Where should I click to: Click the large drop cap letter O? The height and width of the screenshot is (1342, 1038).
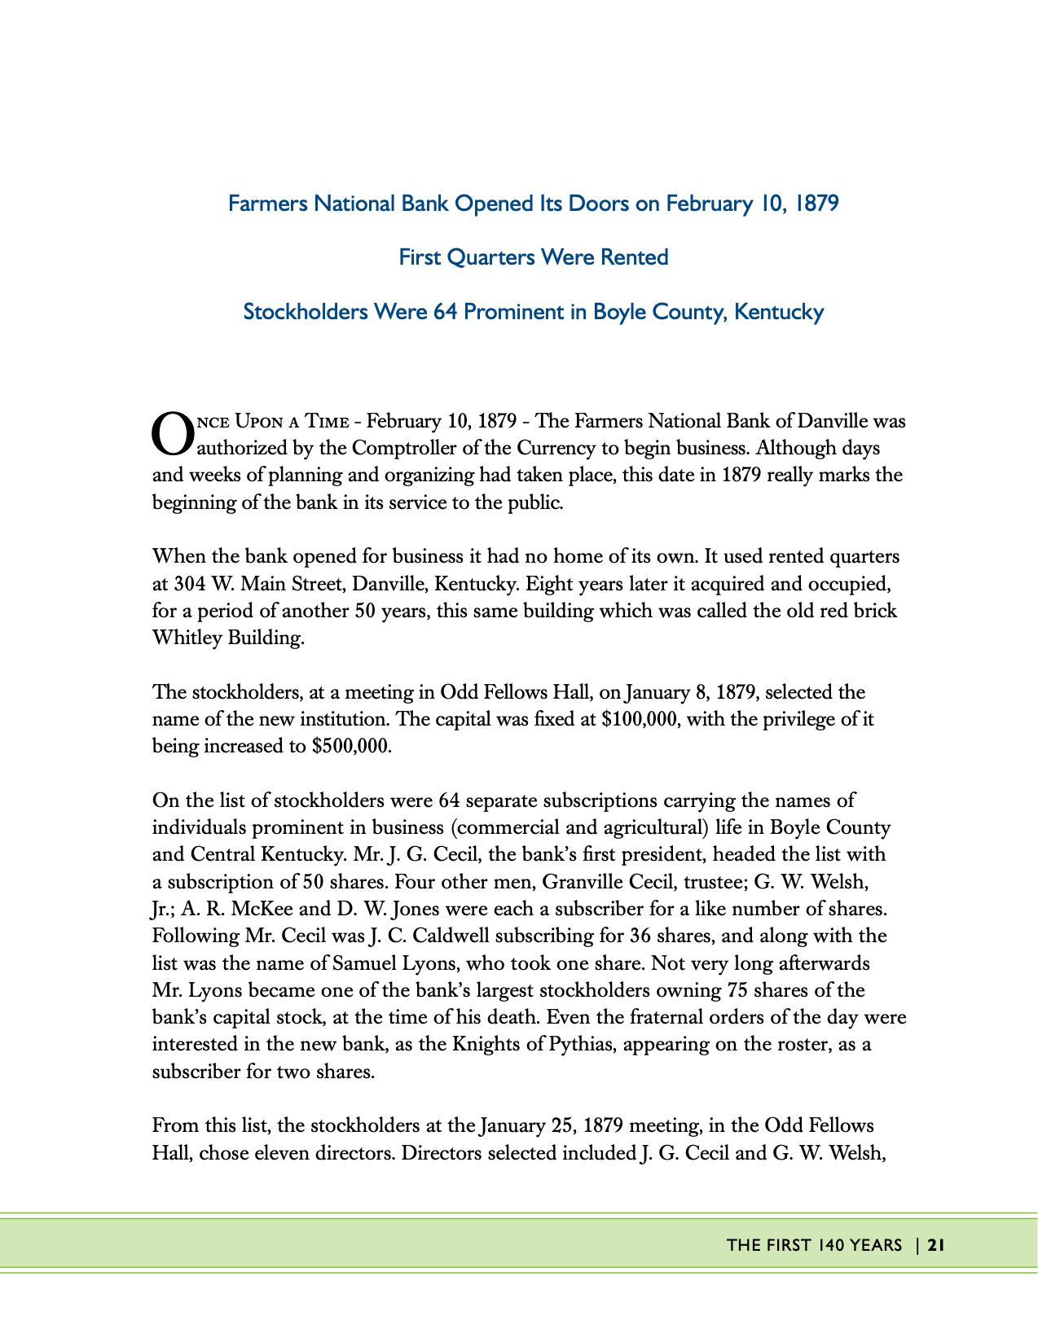point(173,433)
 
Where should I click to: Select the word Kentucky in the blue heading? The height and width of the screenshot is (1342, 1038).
point(779,312)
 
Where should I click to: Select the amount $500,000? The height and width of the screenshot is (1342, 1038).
point(351,747)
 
